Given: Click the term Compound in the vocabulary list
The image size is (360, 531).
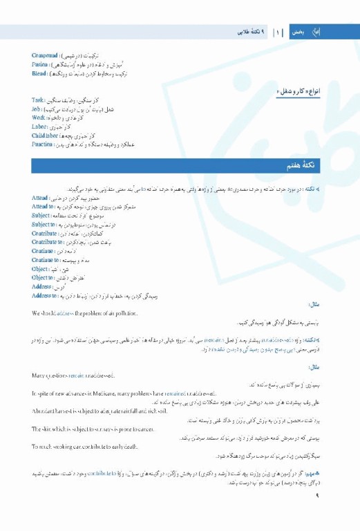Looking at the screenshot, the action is (x=45, y=55).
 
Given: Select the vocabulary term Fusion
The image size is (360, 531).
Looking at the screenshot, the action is (x=41, y=64).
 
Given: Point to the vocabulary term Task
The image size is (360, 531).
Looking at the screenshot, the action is (x=38, y=100).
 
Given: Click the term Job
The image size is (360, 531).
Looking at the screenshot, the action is (x=37, y=109).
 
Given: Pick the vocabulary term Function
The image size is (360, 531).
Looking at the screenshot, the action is (x=42, y=145).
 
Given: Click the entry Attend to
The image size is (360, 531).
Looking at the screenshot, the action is (x=44, y=207).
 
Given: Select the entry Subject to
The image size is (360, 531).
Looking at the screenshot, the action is (x=44, y=225).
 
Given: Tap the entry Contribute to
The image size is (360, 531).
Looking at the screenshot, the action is (x=48, y=243).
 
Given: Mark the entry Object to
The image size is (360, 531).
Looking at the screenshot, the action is (x=44, y=278).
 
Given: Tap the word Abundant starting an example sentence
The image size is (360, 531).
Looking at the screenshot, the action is (x=44, y=411).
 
